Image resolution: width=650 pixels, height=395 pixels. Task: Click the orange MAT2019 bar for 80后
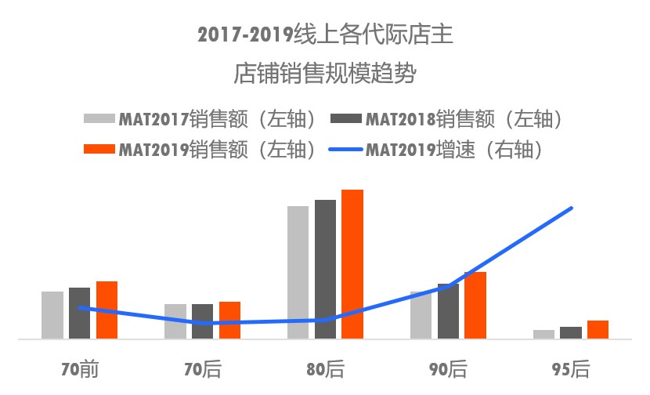click(x=352, y=264)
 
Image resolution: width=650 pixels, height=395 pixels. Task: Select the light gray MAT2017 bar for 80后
click(x=298, y=272)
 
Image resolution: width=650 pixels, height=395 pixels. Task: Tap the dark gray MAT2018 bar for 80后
click(x=325, y=269)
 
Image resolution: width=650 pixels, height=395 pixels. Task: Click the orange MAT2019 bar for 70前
click(x=107, y=310)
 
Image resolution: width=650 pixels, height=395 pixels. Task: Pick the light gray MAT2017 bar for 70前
click(x=52, y=315)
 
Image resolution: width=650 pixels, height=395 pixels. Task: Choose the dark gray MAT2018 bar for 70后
click(x=202, y=321)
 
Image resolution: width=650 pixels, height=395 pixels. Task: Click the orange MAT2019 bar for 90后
click(x=475, y=305)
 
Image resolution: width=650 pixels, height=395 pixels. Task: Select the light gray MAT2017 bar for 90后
click(x=421, y=315)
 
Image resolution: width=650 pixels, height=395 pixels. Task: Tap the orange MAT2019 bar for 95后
click(x=598, y=329)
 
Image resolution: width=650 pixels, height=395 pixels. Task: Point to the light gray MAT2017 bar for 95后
click(x=543, y=334)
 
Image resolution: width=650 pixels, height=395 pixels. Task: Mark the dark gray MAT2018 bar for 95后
click(x=571, y=332)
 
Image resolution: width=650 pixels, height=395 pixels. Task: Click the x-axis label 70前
click(x=79, y=368)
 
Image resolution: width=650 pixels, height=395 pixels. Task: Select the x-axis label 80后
click(x=325, y=368)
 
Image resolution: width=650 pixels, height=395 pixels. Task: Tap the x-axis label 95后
click(x=571, y=368)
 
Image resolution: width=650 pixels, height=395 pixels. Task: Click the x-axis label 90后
click(x=448, y=368)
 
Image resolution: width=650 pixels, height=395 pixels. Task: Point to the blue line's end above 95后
click(x=572, y=208)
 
